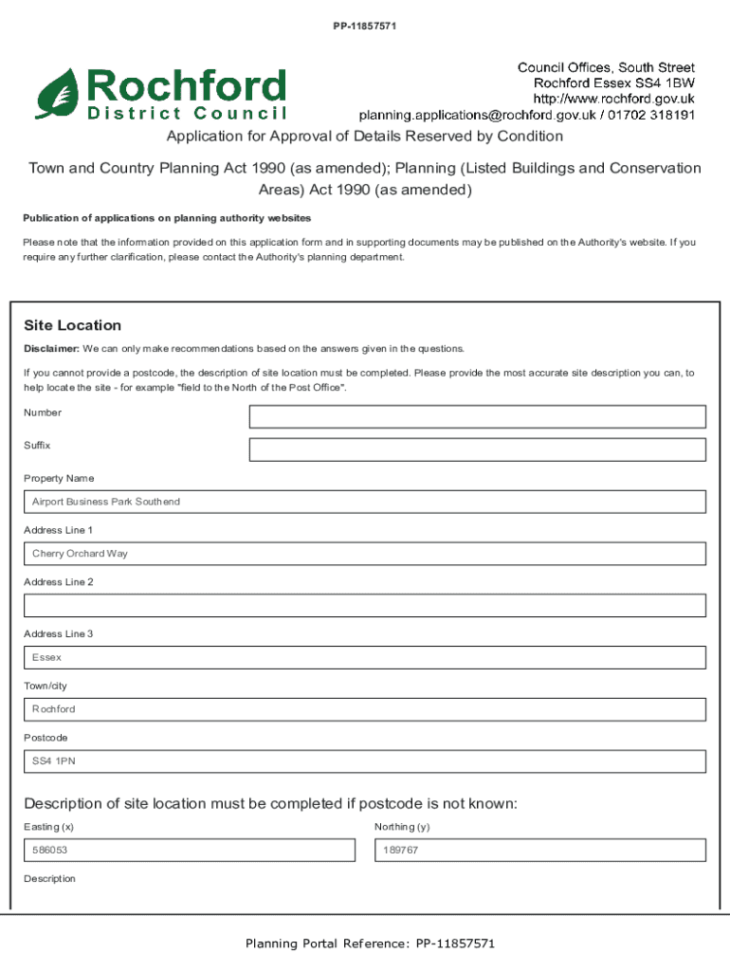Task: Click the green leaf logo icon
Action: pos(58,93)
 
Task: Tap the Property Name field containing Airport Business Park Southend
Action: pos(365,502)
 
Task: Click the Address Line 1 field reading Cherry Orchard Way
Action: pos(365,554)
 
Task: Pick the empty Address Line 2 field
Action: pos(365,605)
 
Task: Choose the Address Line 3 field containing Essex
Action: pos(365,657)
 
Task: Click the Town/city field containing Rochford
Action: pos(365,709)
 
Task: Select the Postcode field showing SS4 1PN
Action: pos(365,761)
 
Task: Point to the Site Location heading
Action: pos(73,325)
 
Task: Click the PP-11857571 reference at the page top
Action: pos(364,26)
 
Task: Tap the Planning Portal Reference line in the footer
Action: pos(370,944)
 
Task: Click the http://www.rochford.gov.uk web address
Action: pos(614,99)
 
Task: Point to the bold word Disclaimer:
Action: pos(51,349)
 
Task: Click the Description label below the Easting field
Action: pos(49,879)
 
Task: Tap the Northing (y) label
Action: pos(402,827)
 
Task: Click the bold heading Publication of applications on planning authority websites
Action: pos(167,218)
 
